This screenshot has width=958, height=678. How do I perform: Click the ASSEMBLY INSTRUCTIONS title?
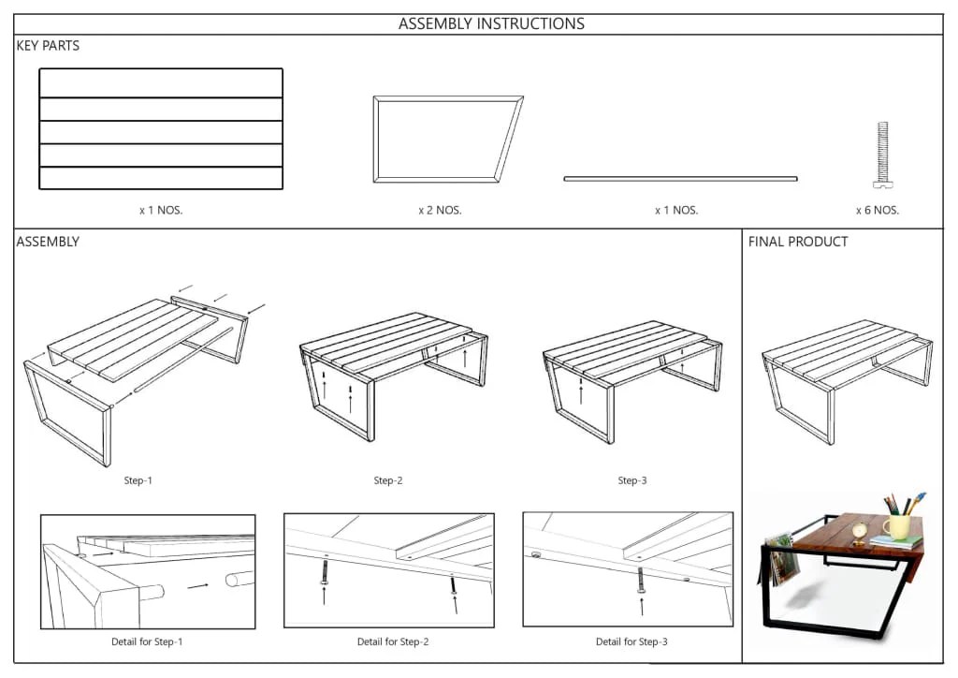click(491, 23)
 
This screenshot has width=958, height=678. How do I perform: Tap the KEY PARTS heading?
click(48, 46)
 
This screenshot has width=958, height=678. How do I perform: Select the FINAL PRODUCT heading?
click(798, 242)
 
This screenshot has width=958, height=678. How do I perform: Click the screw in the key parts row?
click(881, 155)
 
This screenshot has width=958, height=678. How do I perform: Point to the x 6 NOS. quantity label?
click(877, 211)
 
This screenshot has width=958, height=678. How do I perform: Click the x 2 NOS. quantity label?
click(440, 211)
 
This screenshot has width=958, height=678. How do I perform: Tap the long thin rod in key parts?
click(680, 178)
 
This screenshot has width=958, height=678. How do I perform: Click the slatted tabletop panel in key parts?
click(161, 129)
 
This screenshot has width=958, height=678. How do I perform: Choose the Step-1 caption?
click(138, 480)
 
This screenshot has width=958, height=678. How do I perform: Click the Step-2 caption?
click(388, 480)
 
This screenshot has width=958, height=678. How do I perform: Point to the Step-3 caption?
click(631, 480)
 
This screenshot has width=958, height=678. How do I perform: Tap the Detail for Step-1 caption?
click(147, 641)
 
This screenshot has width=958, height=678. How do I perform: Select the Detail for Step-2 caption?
click(393, 641)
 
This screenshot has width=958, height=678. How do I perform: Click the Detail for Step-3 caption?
click(631, 641)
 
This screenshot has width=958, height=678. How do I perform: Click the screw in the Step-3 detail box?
click(641, 580)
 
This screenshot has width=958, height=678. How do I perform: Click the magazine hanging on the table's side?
click(782, 560)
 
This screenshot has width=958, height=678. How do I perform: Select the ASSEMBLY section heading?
click(48, 242)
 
